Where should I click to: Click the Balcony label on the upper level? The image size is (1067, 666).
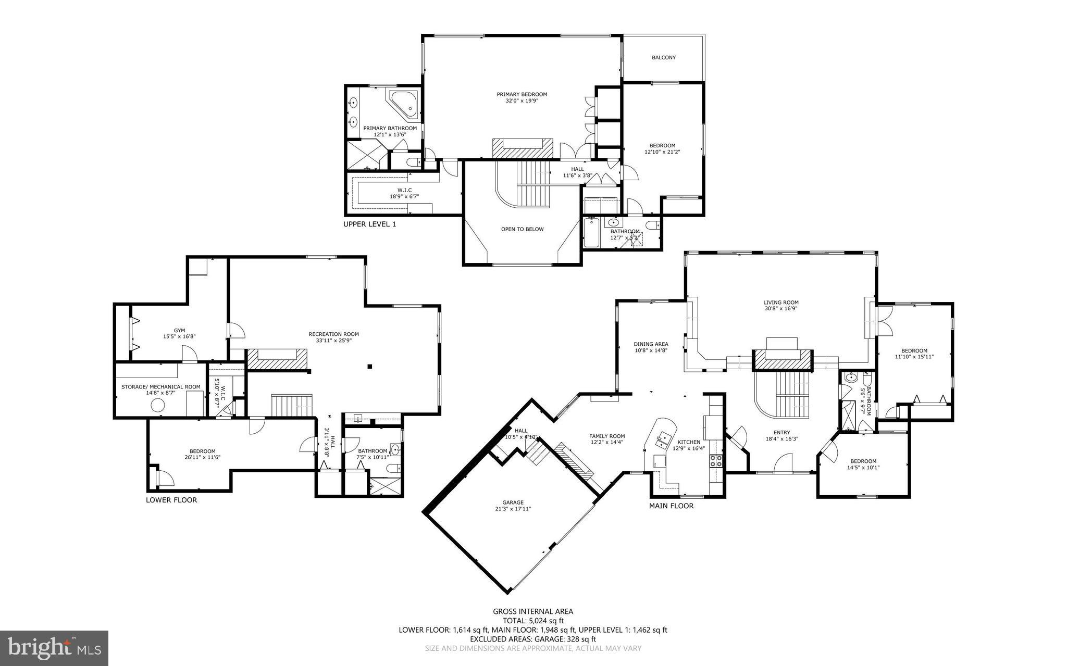pos(663,57)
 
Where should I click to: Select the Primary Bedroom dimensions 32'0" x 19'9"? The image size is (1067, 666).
pos(522,101)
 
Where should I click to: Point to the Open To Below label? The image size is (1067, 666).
pos(522,229)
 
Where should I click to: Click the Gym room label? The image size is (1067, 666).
pos(179,330)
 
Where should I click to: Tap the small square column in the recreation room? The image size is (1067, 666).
pos(370,367)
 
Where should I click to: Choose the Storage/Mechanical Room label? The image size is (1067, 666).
pos(160,386)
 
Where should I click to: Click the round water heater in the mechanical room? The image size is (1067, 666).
pos(158,405)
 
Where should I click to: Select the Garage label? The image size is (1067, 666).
pos(513,502)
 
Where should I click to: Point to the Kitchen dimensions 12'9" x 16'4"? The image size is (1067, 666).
pos(689,448)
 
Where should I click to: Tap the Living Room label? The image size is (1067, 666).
pos(780,302)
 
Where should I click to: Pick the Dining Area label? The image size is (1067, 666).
pos(651,344)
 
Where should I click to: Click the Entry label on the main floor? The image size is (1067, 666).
pos(781,432)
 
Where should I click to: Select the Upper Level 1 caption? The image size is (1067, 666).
pos(369,224)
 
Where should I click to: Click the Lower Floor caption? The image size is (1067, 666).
pos(171,500)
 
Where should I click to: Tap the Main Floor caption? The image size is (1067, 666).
pos(671,506)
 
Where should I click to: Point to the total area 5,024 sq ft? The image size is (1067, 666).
pos(533,621)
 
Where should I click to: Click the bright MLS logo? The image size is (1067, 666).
pos(54,648)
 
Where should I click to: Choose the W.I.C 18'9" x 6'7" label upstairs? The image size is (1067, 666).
pos(404,190)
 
